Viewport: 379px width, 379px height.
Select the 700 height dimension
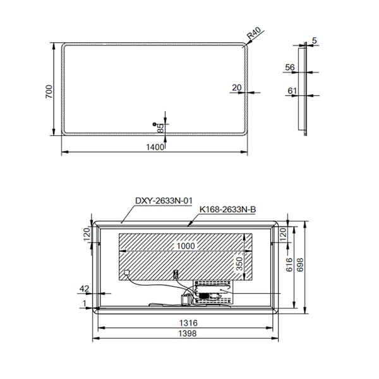(49, 92)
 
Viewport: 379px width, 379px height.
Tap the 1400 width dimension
(155, 147)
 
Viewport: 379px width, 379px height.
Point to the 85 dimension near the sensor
(160, 128)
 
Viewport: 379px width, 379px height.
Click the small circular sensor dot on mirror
(154, 124)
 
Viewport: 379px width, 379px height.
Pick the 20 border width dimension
(237, 88)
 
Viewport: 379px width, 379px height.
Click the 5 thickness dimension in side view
(314, 40)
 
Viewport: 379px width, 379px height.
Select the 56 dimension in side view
(290, 67)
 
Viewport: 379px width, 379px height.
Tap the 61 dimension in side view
(292, 91)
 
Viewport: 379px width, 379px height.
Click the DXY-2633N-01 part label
(164, 201)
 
